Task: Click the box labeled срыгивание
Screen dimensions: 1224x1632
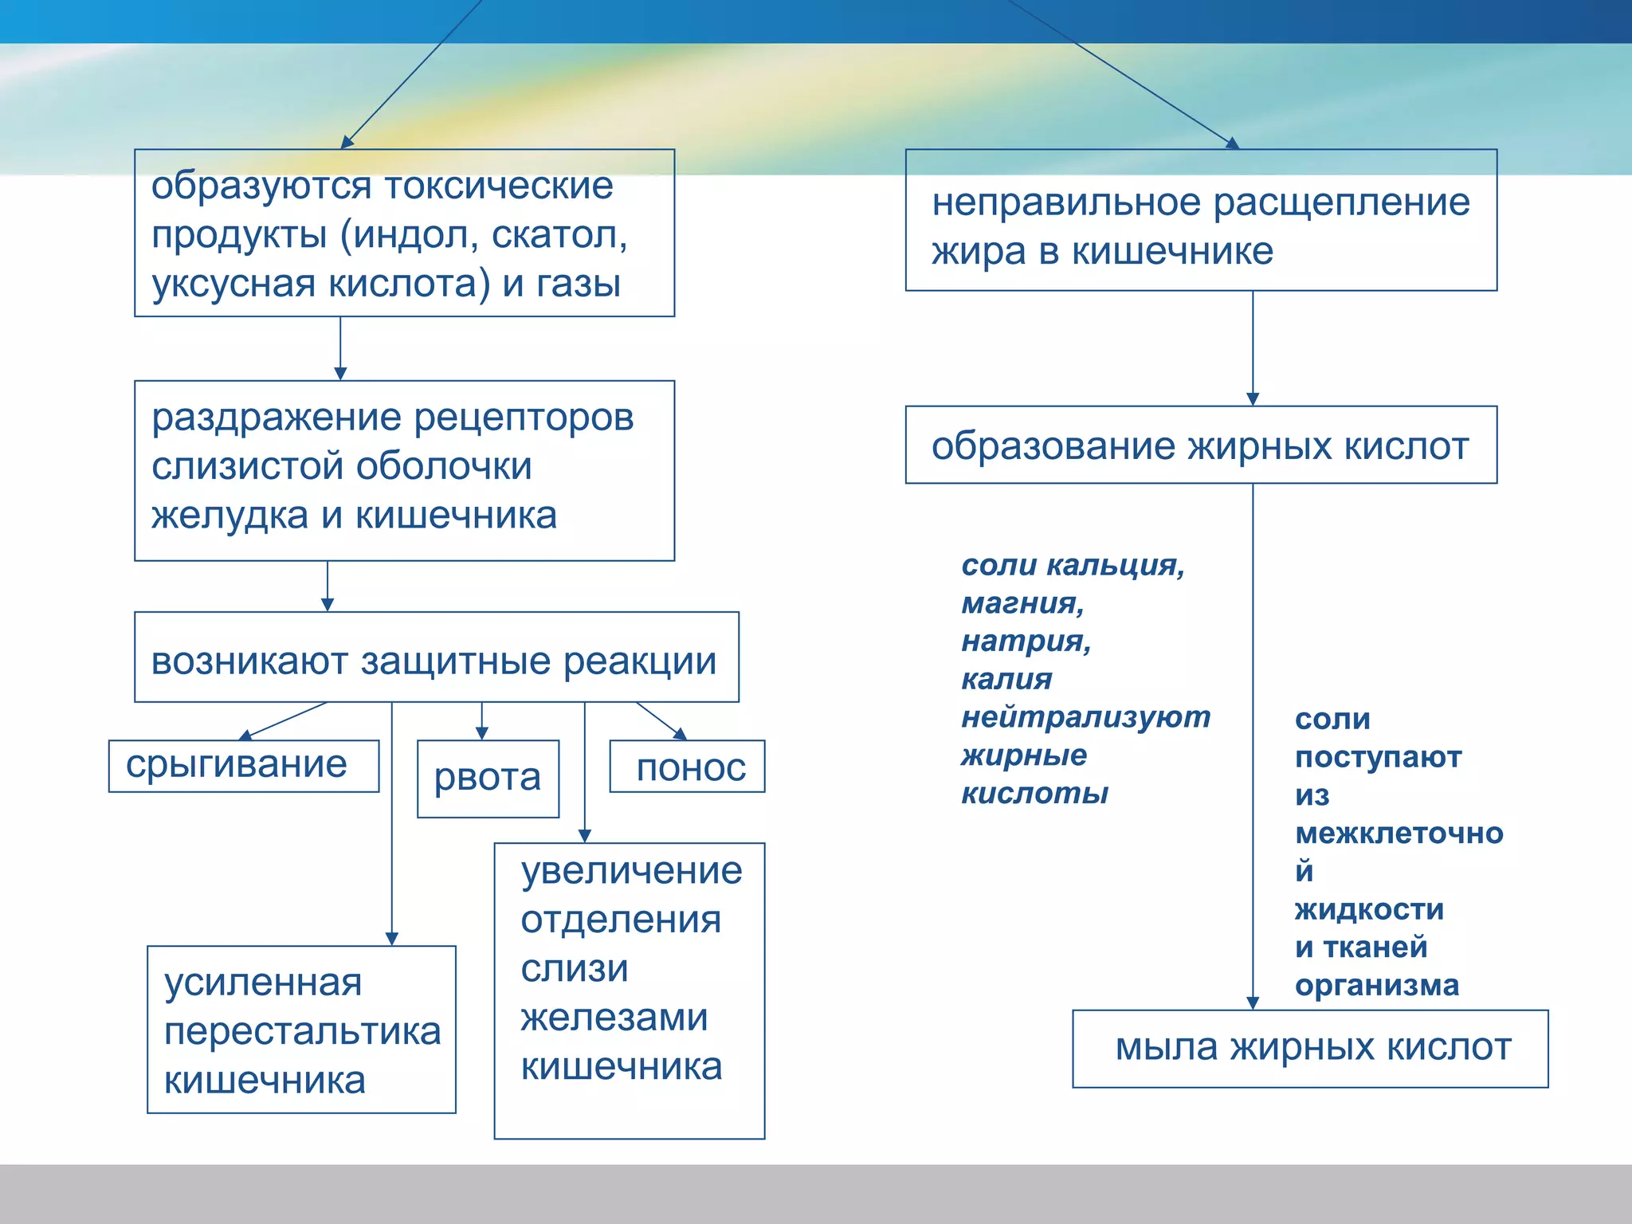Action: (x=243, y=766)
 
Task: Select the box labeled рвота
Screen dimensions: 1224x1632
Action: (x=488, y=779)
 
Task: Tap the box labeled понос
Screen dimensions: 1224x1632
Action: (x=687, y=767)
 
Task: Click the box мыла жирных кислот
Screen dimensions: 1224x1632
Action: (x=1310, y=1049)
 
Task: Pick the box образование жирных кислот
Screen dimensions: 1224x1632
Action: (x=1200, y=445)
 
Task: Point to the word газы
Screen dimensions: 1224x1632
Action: (x=579, y=284)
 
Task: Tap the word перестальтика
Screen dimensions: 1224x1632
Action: (x=302, y=1032)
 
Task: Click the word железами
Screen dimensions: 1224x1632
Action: (x=614, y=1018)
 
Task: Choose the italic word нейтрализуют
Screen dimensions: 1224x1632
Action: (x=1085, y=717)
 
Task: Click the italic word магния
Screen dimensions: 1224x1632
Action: (x=1022, y=603)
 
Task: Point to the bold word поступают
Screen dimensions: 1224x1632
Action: (x=1378, y=757)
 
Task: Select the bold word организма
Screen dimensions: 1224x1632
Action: (x=1377, y=986)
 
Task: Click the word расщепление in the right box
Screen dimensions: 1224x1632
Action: (x=1341, y=202)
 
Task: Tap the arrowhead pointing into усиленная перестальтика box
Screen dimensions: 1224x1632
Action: (x=392, y=939)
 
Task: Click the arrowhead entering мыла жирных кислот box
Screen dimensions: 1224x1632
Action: (x=1253, y=1002)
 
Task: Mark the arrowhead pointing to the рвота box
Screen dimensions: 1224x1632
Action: (x=481, y=733)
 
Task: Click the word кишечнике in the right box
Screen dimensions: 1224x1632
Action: (x=1172, y=252)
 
